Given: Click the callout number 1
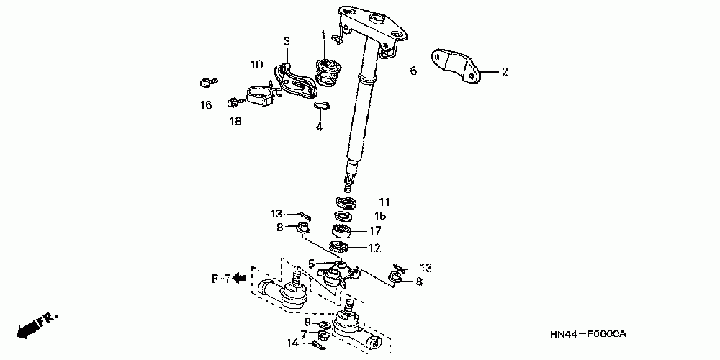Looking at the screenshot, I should pos(324,35).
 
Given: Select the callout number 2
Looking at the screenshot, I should pos(505,71).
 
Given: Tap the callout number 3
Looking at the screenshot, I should pos(286,41).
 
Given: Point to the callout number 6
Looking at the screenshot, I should pos(413,71).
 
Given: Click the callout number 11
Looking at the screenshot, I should pos(384,202).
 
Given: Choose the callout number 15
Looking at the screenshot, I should pos(380,215).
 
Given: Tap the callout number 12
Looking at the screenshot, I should pos(375,248).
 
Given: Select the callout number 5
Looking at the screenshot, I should pos(312,264).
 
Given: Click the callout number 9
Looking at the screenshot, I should pos(307,322).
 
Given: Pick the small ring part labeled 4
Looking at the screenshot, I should pos(322,107).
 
